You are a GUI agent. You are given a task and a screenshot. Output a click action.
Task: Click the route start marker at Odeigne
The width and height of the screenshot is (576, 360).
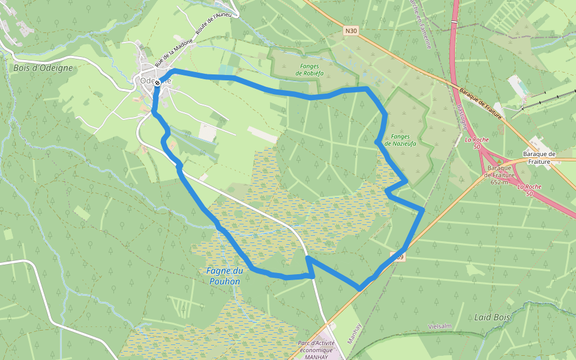click(x=157, y=83)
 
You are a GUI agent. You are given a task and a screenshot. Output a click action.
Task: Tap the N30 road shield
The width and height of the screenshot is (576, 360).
click(x=352, y=30)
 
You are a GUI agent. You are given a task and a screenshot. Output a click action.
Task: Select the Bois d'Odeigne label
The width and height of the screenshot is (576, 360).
click(x=43, y=68)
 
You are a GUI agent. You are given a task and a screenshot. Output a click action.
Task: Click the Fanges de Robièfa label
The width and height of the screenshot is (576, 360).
click(x=310, y=69)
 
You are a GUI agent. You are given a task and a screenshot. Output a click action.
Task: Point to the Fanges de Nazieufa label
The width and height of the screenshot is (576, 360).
click(x=400, y=140)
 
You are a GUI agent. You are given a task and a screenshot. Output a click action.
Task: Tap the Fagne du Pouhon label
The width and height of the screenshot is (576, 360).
click(x=223, y=276)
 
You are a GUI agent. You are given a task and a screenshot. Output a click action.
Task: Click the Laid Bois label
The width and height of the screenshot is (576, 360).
click(x=491, y=316)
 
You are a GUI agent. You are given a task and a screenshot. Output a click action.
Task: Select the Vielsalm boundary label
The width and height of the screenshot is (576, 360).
click(x=439, y=326)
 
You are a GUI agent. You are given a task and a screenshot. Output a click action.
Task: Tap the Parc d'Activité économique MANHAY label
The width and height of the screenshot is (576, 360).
click(x=316, y=350)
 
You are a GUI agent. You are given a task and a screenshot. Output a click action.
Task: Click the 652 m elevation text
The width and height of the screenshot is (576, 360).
click(x=499, y=182)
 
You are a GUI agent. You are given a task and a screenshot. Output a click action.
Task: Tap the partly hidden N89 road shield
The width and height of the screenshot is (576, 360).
click(x=398, y=257)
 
